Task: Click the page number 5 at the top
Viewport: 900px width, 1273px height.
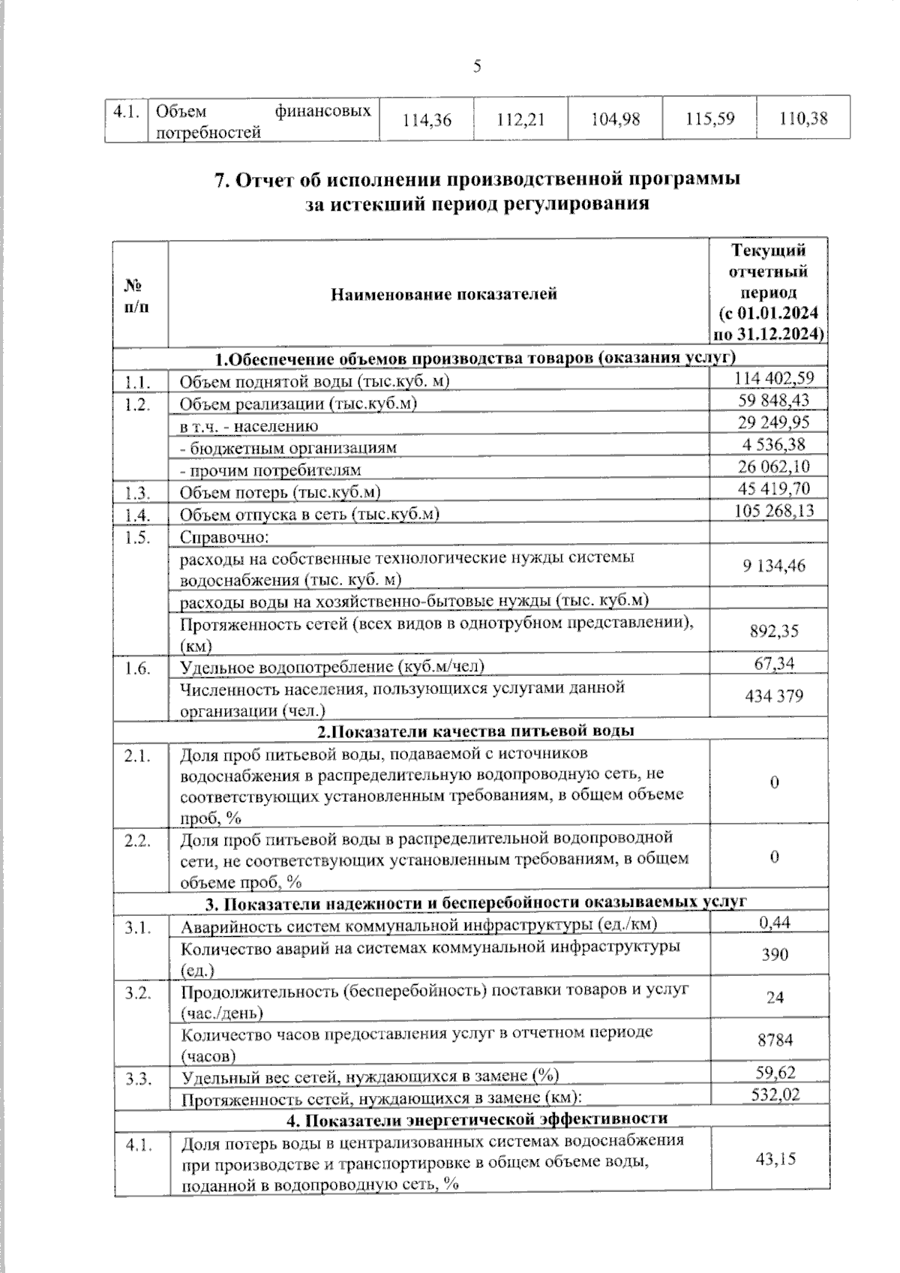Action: (477, 67)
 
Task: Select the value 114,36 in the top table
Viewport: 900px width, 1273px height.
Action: (427, 119)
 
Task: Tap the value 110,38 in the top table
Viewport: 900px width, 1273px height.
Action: (803, 118)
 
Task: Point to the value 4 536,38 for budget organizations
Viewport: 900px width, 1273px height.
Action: (774, 444)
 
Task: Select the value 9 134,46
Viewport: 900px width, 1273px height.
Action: (774, 566)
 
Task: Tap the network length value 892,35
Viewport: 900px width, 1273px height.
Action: (774, 631)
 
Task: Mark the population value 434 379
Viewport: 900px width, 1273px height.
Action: (774, 696)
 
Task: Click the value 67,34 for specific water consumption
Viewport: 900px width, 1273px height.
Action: (775, 663)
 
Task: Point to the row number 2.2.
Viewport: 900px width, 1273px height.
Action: (138, 841)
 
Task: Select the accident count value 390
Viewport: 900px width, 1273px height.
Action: (775, 954)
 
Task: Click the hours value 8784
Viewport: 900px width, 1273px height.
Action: (775, 1040)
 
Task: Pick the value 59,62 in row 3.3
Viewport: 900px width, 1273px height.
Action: (775, 1073)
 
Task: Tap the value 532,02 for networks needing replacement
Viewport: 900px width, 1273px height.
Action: (775, 1094)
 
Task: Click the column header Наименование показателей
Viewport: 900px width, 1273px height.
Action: (444, 294)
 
